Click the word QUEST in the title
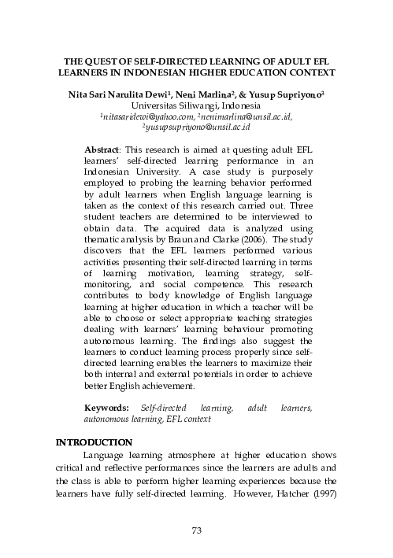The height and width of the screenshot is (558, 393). tap(102, 61)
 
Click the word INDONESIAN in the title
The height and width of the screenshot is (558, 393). tap(135, 72)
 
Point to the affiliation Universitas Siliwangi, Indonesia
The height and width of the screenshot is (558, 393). tap(197, 104)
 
